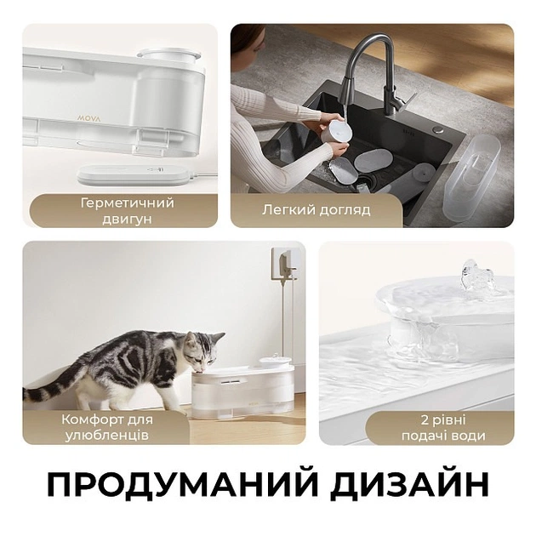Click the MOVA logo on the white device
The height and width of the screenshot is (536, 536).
click(89, 118)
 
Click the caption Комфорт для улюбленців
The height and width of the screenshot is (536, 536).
click(105, 427)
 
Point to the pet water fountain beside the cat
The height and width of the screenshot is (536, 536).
click(243, 387)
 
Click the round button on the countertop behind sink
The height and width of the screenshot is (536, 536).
click(438, 130)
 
